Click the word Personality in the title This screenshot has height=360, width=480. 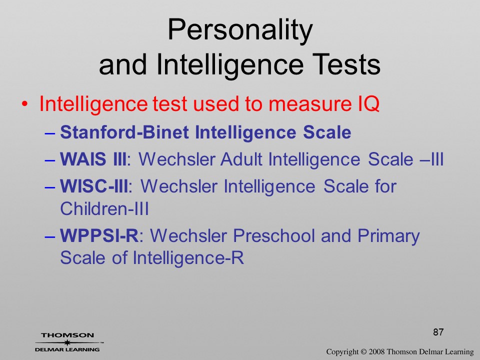pos(240,30)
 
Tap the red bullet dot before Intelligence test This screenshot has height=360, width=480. pos(25,104)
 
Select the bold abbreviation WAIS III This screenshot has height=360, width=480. pos(93,159)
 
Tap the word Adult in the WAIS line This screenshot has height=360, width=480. pos(241,159)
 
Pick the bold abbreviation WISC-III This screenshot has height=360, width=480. pos(94,186)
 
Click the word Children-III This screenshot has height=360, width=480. pos(104,209)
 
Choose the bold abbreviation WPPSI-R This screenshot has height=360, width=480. pos(99,235)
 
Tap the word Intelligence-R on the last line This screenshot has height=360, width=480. pos(188,258)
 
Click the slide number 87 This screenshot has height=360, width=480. pos(438,332)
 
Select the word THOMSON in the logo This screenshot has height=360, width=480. pos(67,335)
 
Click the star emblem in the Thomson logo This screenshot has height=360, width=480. pos(67,342)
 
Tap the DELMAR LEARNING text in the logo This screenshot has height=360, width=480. pos(67,349)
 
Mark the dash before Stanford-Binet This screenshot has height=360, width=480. pos(50,133)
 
